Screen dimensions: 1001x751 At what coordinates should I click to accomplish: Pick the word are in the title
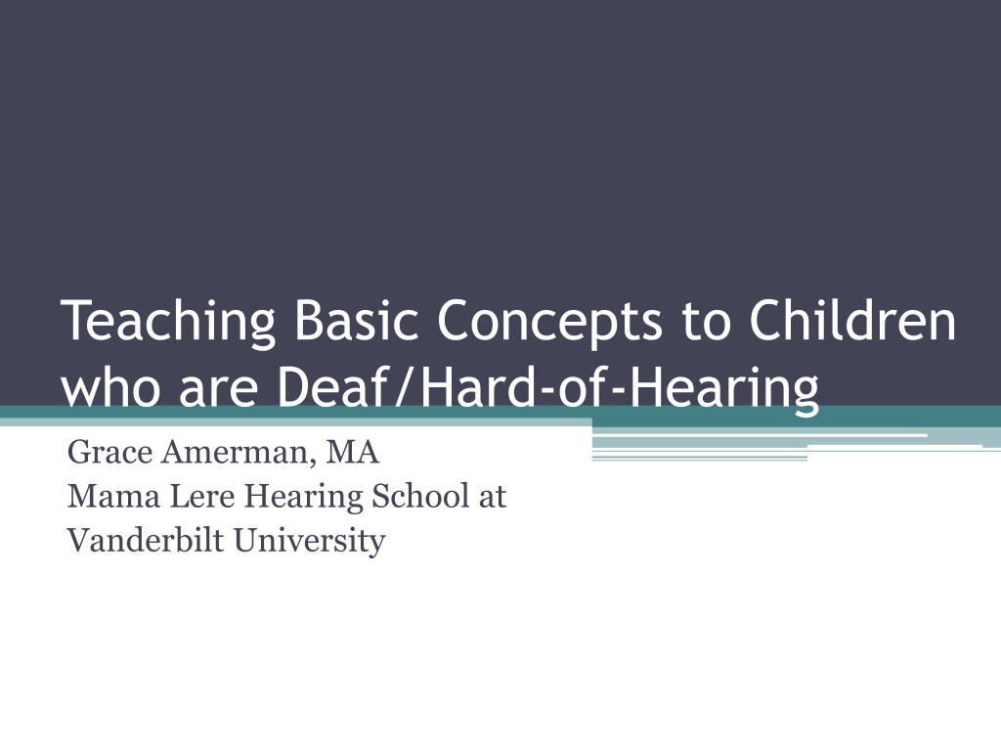point(218,391)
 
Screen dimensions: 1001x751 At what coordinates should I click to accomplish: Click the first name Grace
point(109,452)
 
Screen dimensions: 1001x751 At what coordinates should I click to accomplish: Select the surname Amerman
point(239,453)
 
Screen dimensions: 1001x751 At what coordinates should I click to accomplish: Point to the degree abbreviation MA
point(352,452)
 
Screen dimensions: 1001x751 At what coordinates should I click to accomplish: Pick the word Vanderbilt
point(146,540)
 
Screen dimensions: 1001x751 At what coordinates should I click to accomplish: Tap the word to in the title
point(706,322)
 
